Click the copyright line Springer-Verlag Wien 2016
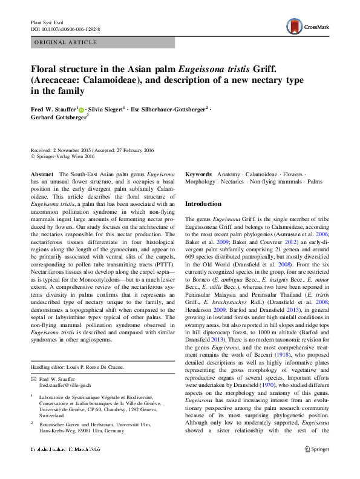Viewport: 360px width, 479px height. click(66, 156)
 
